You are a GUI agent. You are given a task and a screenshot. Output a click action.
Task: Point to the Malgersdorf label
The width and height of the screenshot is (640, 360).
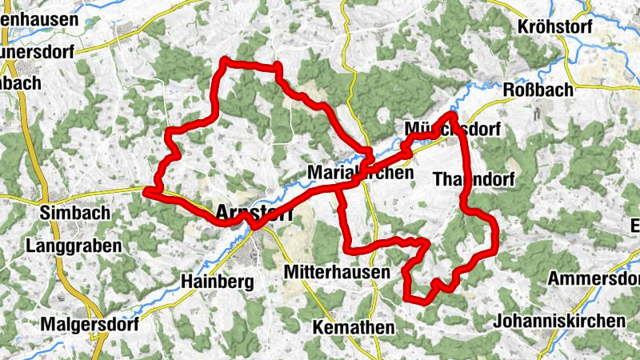(x=89, y=325)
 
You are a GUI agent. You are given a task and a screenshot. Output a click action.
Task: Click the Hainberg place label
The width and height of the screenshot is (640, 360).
(x=218, y=282)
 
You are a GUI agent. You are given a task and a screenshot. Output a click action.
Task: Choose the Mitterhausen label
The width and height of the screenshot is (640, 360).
(x=336, y=273)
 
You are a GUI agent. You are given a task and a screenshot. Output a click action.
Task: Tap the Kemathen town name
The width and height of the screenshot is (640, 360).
(x=354, y=328)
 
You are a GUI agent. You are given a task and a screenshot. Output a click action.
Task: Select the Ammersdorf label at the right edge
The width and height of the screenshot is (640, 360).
(x=595, y=278)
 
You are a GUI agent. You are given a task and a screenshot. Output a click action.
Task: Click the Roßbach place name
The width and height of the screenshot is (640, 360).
(x=539, y=90)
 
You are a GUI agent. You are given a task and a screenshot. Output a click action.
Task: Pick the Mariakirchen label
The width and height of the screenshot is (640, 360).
(x=360, y=173)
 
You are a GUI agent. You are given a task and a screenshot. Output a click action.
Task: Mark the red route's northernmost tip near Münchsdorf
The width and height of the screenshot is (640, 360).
(x=452, y=115)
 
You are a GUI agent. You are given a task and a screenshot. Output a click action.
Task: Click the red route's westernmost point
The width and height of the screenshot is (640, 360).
(x=146, y=190)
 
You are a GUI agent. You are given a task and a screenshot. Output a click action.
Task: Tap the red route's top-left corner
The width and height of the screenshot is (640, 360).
(x=224, y=60)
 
